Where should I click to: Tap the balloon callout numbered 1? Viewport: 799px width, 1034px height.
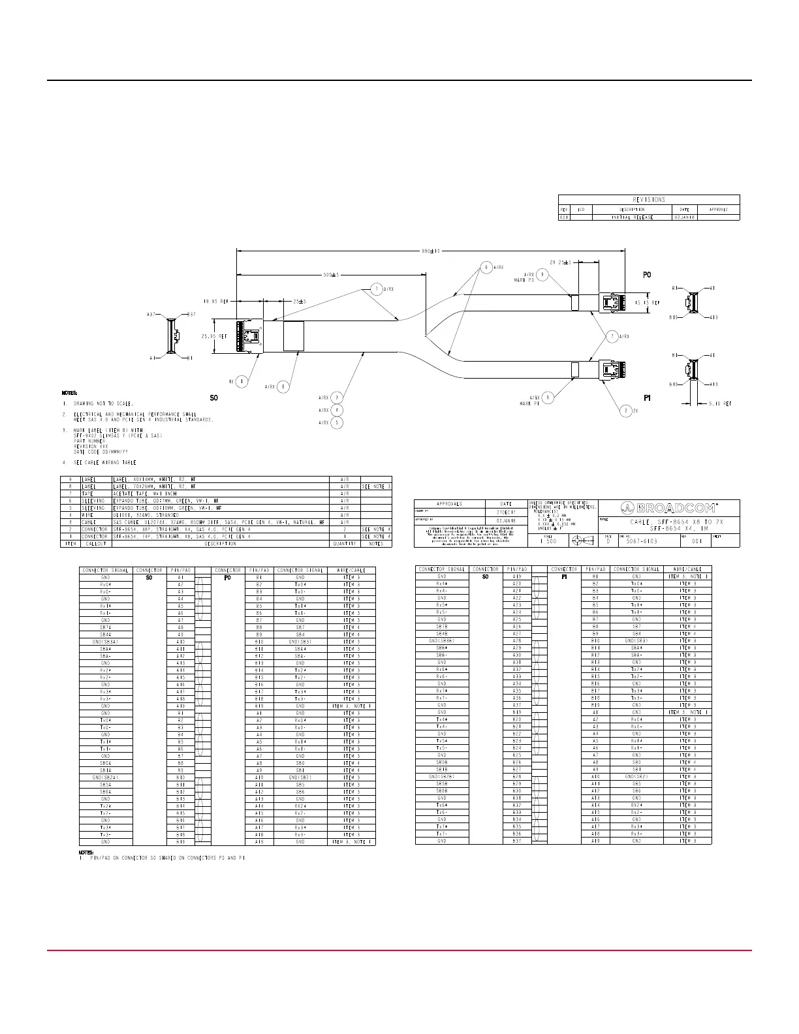coord(242,381)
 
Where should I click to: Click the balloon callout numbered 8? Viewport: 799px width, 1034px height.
coord(283,386)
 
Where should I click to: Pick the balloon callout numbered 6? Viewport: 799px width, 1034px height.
coord(486,267)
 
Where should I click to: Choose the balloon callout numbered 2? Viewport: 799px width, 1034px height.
coord(626,411)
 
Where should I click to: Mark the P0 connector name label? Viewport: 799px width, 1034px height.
coord(647,275)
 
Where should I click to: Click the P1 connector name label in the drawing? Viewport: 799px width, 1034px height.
coord(647,398)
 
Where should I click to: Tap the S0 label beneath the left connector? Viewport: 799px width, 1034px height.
coord(213,398)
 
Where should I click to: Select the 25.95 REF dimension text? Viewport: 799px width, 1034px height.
coord(213,336)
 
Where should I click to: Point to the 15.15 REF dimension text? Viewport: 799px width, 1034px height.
coord(648,303)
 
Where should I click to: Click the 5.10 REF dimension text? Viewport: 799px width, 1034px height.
coord(720,404)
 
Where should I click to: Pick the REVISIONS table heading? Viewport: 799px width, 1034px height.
coord(649,199)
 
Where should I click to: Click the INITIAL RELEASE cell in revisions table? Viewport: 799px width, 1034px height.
coord(631,217)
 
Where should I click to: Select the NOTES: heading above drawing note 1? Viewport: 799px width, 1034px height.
coord(69,393)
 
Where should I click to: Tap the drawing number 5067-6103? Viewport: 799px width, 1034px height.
coord(642,541)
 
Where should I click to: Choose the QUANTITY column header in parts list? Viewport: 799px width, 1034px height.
coord(345,543)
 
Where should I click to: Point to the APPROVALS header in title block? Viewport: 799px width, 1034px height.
coord(449,504)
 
